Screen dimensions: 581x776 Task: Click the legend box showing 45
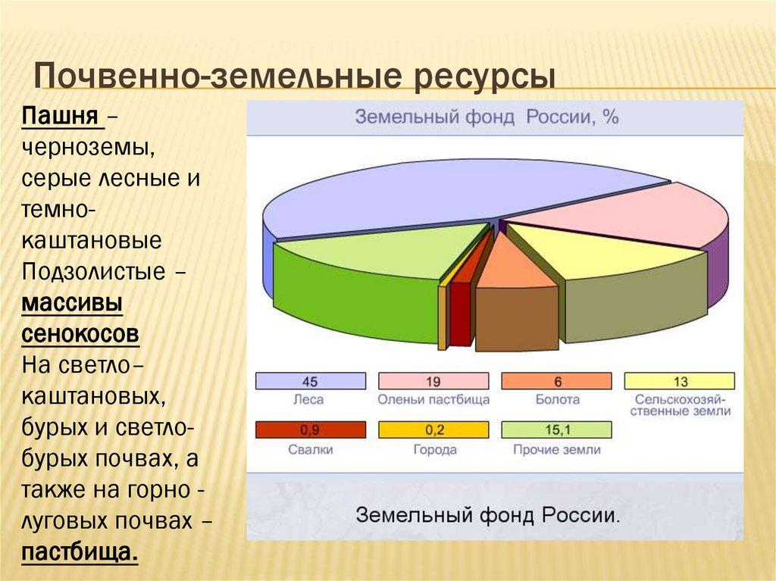point(310,381)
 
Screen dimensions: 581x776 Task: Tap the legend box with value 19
point(433,381)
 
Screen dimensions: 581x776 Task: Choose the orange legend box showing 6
point(556,381)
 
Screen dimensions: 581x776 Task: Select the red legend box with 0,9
point(310,430)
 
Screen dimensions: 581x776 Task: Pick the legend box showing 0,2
point(433,430)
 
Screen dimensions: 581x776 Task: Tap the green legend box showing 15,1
point(556,430)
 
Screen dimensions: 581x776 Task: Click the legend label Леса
point(309,399)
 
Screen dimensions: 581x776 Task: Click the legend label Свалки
point(309,449)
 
